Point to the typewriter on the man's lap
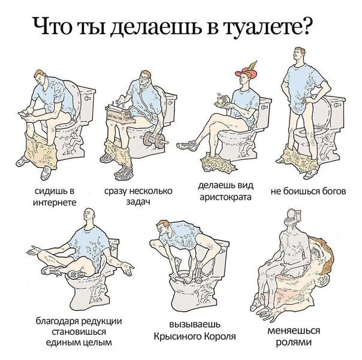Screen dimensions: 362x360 pos(119,114)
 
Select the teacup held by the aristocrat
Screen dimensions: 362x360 pos(220,100)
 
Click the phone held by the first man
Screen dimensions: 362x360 pos(23,113)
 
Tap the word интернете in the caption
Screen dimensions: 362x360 pos(55,202)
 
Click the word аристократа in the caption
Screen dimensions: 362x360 pos(225,197)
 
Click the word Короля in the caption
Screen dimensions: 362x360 pos(220,336)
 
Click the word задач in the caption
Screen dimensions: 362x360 pos(138,202)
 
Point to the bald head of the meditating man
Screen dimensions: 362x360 pos(89,214)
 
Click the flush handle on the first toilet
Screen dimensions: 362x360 pos(88,98)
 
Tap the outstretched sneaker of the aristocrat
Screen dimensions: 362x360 pos(186,145)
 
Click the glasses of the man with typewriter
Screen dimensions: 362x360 pos(144,78)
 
